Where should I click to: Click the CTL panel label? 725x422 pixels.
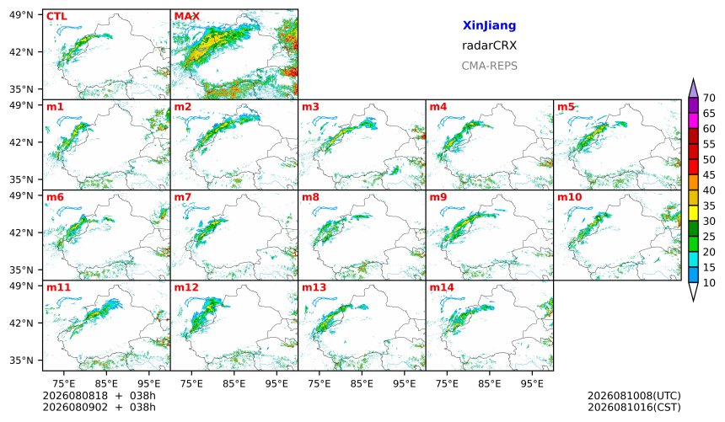click(56, 17)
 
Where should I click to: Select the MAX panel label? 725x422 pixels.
click(187, 17)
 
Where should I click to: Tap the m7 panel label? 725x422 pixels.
click(183, 197)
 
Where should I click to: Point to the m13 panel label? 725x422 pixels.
click(314, 287)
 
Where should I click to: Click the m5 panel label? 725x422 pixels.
click(566, 107)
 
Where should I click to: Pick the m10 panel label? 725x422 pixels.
click(570, 197)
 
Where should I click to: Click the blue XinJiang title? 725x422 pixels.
click(489, 25)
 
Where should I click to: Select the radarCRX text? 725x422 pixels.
click(489, 45)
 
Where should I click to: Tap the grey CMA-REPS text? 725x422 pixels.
click(489, 66)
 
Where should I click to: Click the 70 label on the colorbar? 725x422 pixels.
click(709, 98)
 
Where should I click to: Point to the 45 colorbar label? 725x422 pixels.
click(709, 175)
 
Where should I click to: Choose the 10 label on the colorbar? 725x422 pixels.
click(709, 283)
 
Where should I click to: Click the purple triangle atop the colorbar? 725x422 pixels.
click(693, 88)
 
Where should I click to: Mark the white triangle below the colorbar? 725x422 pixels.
click(693, 291)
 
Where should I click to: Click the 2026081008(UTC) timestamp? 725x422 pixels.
click(634, 396)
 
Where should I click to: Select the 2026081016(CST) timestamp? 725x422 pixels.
click(634, 407)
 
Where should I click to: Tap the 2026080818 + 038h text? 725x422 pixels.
click(99, 396)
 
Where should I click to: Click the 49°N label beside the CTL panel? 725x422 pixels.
click(21, 15)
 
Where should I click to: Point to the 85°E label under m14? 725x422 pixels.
click(490, 383)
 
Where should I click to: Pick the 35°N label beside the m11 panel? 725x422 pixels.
click(21, 360)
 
